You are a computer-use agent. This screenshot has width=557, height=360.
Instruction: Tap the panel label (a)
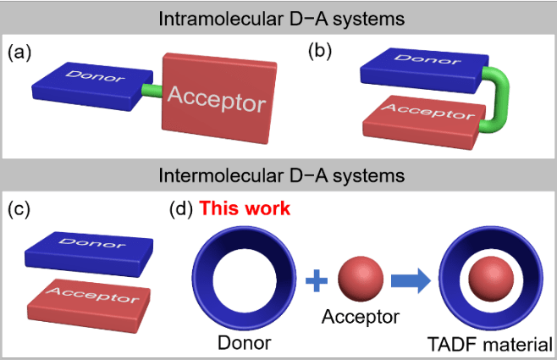[x=19, y=52]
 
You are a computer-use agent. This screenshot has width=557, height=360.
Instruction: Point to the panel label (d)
[x=180, y=208]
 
